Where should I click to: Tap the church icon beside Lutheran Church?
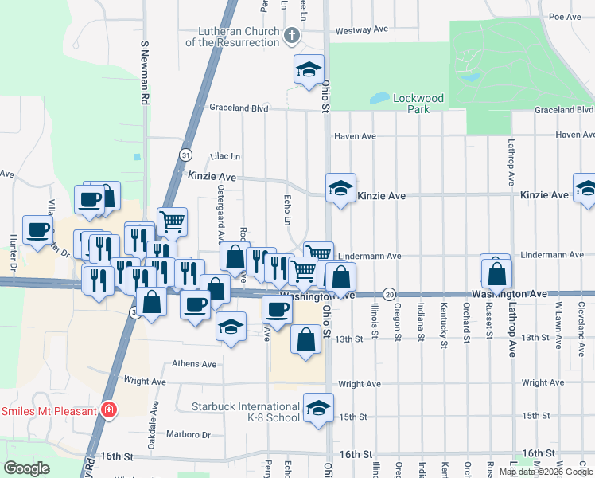coord(292,35)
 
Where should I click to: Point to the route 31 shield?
coord(185,154)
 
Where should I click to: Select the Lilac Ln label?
coord(224,156)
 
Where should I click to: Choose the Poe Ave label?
coord(566,16)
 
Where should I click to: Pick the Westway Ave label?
coord(361,29)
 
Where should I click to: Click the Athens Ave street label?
coord(194,364)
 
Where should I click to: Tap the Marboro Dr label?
coord(189,435)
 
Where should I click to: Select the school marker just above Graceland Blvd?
coord(309,69)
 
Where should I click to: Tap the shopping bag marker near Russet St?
coord(496,273)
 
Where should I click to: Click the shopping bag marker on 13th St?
coord(306,339)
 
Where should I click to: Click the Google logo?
coord(27,468)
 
